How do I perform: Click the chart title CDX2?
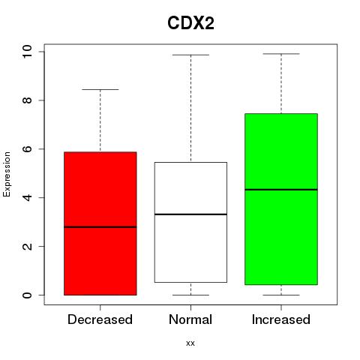click(x=190, y=23)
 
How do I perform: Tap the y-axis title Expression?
click(x=7, y=174)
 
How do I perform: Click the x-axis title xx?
click(x=190, y=343)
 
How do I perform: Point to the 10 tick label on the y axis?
click(x=27, y=52)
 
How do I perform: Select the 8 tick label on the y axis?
click(x=27, y=100)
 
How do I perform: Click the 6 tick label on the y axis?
click(x=27, y=149)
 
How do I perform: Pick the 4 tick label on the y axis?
click(x=27, y=197)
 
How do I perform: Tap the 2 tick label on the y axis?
click(x=27, y=246)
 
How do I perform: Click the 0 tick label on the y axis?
click(x=27, y=295)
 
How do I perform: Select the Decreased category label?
click(x=100, y=319)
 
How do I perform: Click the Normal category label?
click(x=190, y=319)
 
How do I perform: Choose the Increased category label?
click(x=281, y=319)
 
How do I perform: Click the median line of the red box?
click(x=100, y=227)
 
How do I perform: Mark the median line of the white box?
click(x=190, y=214)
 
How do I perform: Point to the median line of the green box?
click(x=281, y=190)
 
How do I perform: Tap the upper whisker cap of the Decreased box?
click(x=100, y=89)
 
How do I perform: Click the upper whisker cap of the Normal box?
click(x=190, y=55)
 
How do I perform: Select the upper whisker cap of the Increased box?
click(x=281, y=54)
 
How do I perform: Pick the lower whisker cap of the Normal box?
click(x=190, y=295)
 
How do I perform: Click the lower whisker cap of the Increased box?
click(x=281, y=295)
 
